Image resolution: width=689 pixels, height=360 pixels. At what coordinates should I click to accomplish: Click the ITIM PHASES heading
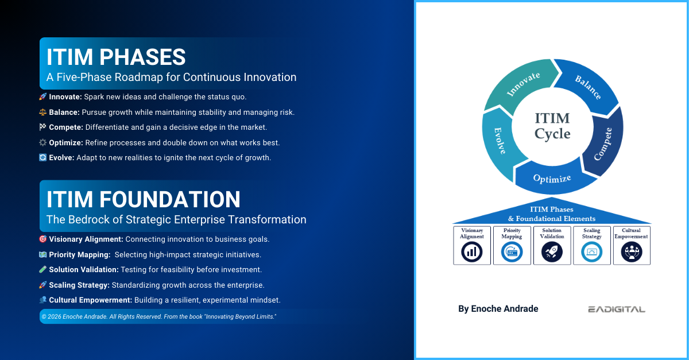coord(116,57)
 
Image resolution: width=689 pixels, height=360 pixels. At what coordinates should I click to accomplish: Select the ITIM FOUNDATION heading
coord(144,199)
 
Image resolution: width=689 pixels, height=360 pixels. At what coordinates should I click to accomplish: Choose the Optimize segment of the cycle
coord(552,179)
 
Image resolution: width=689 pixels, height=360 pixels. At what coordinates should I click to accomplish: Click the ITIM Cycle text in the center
coord(552,126)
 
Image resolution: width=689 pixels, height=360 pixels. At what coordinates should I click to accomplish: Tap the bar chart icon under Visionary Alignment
coord(472,251)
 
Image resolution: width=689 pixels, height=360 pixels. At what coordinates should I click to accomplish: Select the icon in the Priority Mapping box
coord(512,251)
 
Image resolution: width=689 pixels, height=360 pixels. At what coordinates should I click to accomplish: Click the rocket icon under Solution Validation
coord(552,251)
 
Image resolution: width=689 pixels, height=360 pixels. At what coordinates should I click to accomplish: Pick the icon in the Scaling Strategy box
coord(591,251)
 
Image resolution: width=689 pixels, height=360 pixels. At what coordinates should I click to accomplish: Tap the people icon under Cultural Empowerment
coord(632,251)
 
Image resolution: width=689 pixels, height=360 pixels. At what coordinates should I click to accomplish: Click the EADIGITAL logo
coord(616,309)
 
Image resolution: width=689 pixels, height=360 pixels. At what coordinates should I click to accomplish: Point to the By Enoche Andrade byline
coord(498,309)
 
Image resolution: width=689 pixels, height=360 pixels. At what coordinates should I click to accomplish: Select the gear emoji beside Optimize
coord(42,142)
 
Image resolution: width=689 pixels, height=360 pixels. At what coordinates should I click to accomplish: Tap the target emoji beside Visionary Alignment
coord(42,239)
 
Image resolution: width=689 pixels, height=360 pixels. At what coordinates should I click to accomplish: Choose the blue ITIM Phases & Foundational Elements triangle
coord(552,214)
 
